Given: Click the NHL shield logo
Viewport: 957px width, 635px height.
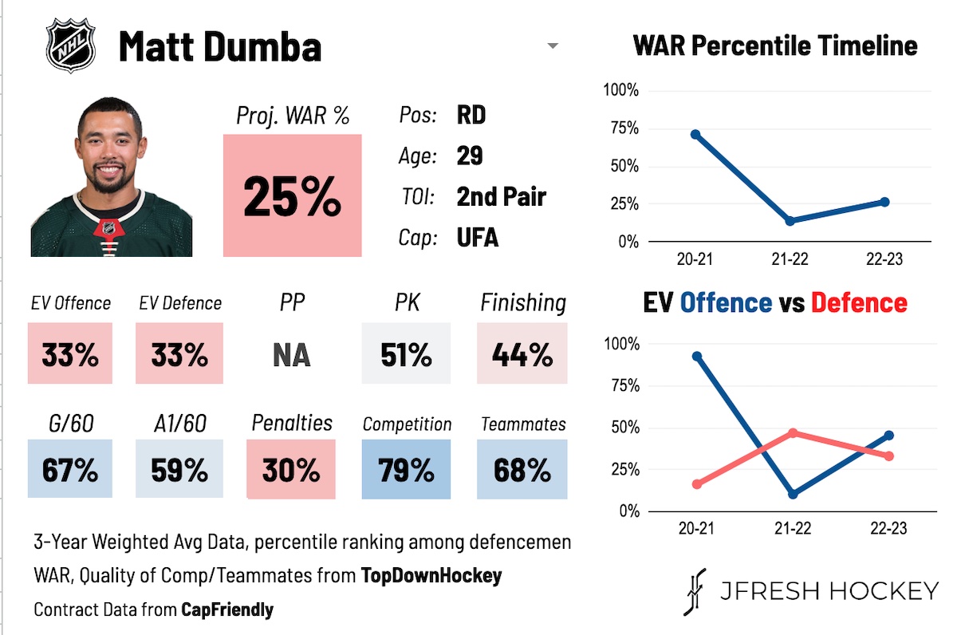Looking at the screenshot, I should [71, 45].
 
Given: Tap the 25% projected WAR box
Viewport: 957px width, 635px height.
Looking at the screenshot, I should [292, 195].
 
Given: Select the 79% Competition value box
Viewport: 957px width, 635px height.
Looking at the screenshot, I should [406, 469].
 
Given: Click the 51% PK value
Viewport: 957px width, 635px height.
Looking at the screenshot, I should [406, 354].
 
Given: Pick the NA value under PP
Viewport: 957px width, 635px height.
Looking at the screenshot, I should [292, 354].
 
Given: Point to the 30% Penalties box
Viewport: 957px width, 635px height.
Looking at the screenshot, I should [292, 469].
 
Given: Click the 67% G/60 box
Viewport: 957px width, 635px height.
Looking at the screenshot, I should [70, 469].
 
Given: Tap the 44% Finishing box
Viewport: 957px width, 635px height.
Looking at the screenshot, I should [522, 354].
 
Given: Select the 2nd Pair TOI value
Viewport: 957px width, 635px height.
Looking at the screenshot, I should [501, 196].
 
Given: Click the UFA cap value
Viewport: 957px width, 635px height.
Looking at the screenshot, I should [478, 237].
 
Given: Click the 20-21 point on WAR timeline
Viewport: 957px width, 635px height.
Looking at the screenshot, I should [695, 135].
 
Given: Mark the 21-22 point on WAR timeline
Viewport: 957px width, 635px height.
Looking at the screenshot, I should [790, 220].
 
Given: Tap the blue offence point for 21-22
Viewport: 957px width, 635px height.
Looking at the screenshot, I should [791, 495].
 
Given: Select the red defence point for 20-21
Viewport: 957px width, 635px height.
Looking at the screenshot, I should [697, 484].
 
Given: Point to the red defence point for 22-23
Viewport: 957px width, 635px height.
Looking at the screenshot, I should [888, 456].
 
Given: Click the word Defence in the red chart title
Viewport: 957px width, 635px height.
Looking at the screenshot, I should [858, 302].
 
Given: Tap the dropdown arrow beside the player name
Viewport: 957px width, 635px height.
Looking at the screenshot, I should [552, 46].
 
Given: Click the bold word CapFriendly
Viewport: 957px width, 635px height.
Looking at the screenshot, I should [227, 610].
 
